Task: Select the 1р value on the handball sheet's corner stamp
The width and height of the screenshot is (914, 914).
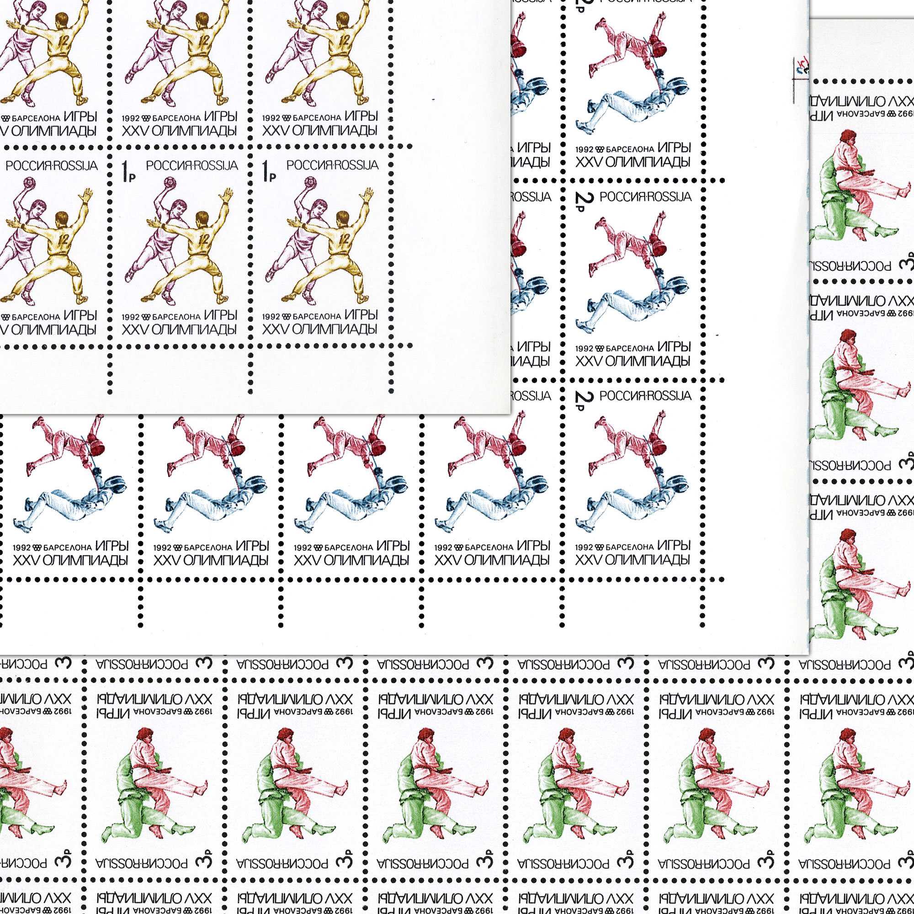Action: pyautogui.click(x=268, y=171)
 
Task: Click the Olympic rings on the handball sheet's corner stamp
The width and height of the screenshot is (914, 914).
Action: pyautogui.click(x=287, y=317)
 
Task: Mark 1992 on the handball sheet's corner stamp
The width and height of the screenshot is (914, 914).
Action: pyautogui.click(x=271, y=317)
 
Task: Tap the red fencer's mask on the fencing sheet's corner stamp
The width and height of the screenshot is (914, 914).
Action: pyautogui.click(x=659, y=446)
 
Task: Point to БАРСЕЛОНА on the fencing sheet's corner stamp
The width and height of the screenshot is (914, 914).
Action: pyautogui.click(x=629, y=547)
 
